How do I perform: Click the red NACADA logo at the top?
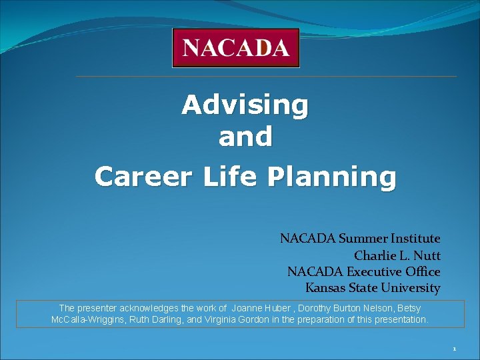point(235,48)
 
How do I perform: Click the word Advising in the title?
point(245,105)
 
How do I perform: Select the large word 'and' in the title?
point(245,137)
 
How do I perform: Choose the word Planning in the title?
point(331,177)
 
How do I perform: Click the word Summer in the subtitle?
point(364,239)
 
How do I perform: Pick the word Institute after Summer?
point(416,239)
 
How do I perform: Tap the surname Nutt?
point(427,255)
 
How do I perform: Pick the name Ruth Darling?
point(161,320)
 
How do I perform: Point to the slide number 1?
point(453,349)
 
